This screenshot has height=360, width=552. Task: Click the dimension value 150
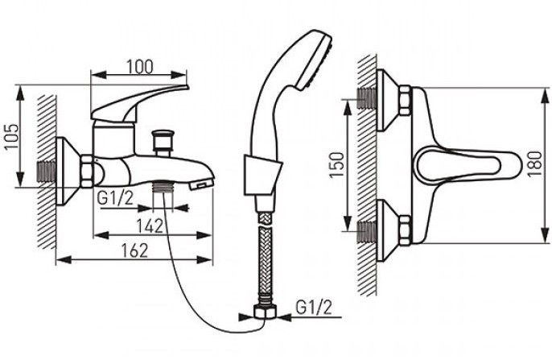click(337, 165)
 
